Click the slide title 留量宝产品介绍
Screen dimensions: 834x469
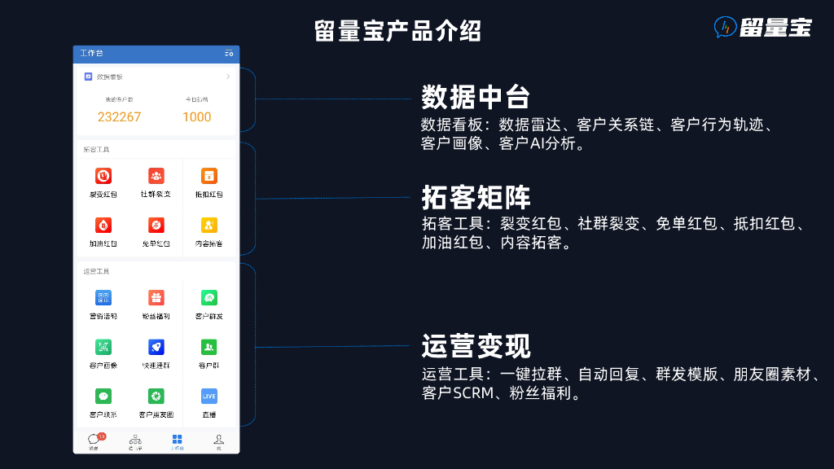(397, 30)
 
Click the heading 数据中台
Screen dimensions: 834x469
(476, 97)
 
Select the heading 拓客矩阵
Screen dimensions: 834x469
(476, 197)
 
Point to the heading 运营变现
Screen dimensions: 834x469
(476, 345)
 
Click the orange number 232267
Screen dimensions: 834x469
(119, 116)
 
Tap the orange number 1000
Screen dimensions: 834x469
(196, 116)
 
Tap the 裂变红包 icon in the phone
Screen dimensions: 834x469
(103, 175)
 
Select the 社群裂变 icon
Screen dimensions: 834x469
(156, 175)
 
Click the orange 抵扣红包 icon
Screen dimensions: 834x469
(208, 175)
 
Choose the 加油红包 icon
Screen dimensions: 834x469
(103, 225)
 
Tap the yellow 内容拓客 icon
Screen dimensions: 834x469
(208, 225)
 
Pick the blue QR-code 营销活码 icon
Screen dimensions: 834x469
(103, 298)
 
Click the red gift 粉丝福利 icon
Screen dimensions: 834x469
(156, 298)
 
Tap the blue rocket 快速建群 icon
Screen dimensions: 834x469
(156, 347)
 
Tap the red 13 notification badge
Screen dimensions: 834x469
(102, 436)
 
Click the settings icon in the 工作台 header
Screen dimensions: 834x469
(229, 54)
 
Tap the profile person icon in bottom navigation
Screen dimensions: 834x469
(218, 439)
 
